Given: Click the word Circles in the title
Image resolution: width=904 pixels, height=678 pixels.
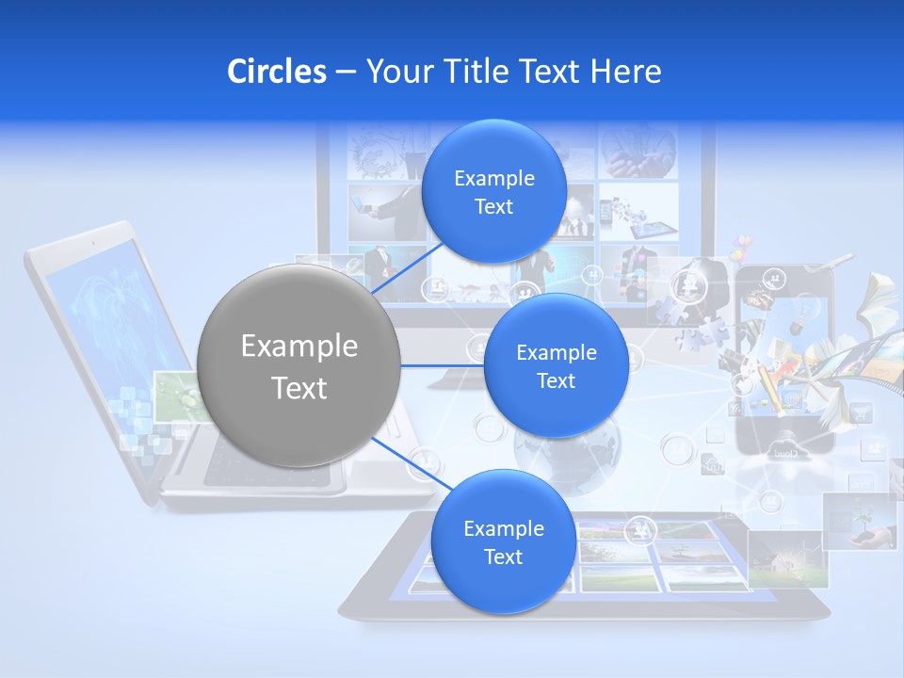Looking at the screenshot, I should (x=277, y=72).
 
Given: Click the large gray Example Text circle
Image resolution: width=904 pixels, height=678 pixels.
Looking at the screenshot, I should (x=299, y=365).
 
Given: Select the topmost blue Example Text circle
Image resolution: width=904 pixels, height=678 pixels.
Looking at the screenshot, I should (x=493, y=191).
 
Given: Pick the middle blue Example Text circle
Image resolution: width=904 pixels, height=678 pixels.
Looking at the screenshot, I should (x=556, y=365).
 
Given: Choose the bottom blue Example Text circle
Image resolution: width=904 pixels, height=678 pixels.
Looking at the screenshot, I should (x=503, y=541).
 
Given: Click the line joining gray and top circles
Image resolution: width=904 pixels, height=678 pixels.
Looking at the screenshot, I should (x=407, y=268).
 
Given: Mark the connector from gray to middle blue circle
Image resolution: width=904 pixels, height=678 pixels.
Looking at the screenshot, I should (x=441, y=365).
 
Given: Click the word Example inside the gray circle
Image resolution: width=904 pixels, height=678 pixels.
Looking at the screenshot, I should (x=299, y=347).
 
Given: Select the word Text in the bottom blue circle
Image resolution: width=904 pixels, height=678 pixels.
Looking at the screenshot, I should (x=503, y=557).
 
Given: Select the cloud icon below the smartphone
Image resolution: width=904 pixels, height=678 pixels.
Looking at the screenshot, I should (x=783, y=449).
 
